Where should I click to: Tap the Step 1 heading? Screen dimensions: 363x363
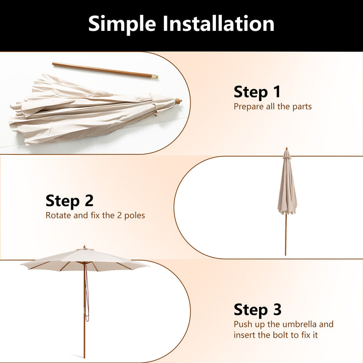[x=257, y=92]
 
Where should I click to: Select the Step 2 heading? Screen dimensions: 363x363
[x=69, y=201]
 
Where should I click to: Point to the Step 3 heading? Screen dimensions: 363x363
[x=257, y=309]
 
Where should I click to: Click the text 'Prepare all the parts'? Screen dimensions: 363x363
[x=272, y=107]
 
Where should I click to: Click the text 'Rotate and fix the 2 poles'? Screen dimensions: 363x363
[x=95, y=216]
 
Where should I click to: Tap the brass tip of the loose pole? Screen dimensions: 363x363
[x=155, y=77]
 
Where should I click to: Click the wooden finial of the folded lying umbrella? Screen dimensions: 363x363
[x=178, y=101]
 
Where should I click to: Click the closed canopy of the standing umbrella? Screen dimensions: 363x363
[x=287, y=186]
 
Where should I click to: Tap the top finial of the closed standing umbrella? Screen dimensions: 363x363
[x=286, y=149]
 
